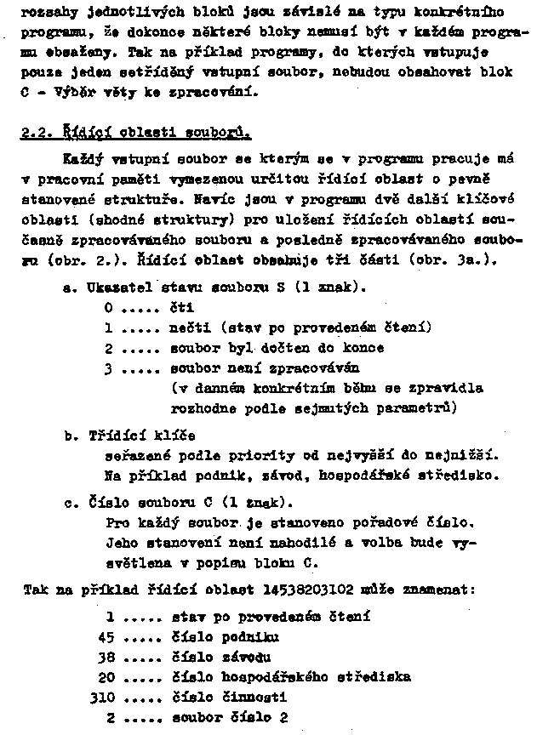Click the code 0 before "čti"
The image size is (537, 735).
coord(108,308)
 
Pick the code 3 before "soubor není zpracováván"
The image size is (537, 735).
coord(108,370)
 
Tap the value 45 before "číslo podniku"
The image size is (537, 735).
coord(106,635)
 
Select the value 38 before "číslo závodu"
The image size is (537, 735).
coord(106,656)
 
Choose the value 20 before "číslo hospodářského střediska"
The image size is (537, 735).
coord(106,677)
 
